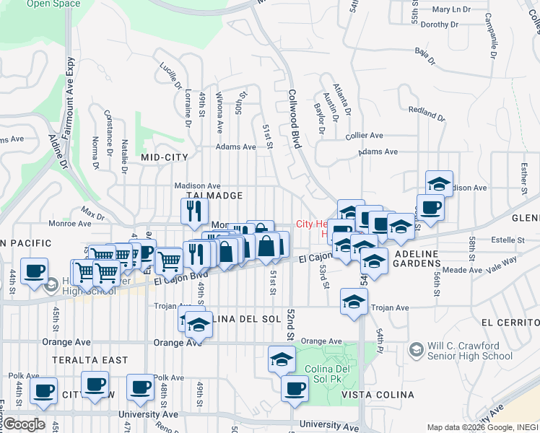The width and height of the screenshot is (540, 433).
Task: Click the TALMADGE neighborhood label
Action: coord(214,196)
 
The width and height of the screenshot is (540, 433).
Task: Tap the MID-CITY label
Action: coord(165,157)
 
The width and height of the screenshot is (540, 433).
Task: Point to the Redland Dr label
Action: coord(425,112)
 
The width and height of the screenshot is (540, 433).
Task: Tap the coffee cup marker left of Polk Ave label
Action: coord(140,387)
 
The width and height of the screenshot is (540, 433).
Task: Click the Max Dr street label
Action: coord(93,213)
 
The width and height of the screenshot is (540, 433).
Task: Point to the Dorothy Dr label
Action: coord(435,24)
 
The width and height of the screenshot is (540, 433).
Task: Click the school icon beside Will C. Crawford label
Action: coord(415,350)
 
